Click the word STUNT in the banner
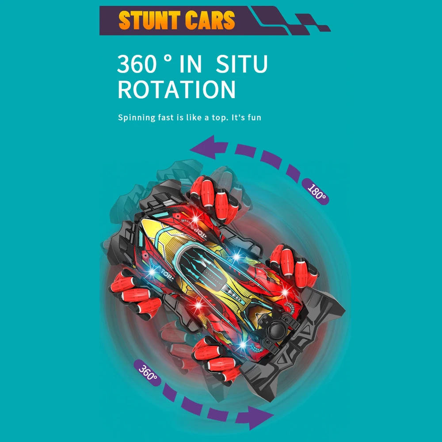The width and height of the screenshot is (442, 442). [149, 20]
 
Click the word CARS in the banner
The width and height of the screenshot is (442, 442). [210, 20]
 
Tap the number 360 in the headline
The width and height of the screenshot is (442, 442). [137, 64]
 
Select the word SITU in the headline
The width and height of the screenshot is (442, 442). [242, 64]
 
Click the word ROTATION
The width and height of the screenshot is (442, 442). [176, 89]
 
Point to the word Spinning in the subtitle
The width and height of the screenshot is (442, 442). [137, 118]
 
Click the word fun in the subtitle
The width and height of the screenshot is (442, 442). [254, 117]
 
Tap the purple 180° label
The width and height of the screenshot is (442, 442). [316, 191]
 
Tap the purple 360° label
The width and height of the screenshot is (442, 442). [148, 372]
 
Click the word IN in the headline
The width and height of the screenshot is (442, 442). [191, 64]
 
